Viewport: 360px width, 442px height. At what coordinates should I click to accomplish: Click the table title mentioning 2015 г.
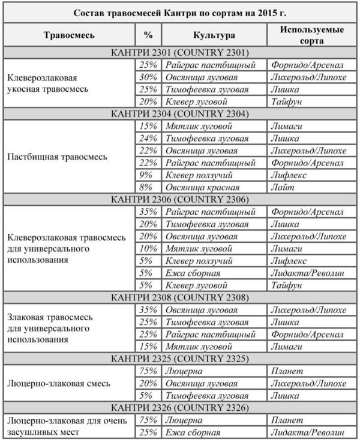pyautogui.click(x=180, y=13)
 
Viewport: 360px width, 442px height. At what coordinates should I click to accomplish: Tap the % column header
pyautogui.click(x=148, y=35)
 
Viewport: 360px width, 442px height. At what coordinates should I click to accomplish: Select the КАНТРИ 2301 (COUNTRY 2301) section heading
pyautogui.click(x=180, y=53)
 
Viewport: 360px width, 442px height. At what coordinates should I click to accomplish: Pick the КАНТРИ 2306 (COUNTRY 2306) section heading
pyautogui.click(x=180, y=199)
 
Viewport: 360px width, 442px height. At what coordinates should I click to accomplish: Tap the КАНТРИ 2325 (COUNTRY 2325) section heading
pyautogui.click(x=180, y=359)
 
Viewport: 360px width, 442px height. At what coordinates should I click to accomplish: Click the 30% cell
pyautogui.click(x=148, y=77)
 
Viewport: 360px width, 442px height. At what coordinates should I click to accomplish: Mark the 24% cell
pyautogui.click(x=148, y=139)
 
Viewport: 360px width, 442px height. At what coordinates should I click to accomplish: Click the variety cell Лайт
pyautogui.click(x=282, y=187)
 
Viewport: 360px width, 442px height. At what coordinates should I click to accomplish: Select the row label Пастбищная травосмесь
pyautogui.click(x=58, y=157)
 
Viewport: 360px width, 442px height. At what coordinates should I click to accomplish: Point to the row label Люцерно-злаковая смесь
pyautogui.click(x=58, y=383)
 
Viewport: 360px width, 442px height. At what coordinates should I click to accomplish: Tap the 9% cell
pyautogui.click(x=148, y=175)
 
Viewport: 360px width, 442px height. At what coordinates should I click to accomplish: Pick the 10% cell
pyautogui.click(x=148, y=248)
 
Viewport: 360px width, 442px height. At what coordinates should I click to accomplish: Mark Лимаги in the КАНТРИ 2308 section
pyautogui.click(x=286, y=346)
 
